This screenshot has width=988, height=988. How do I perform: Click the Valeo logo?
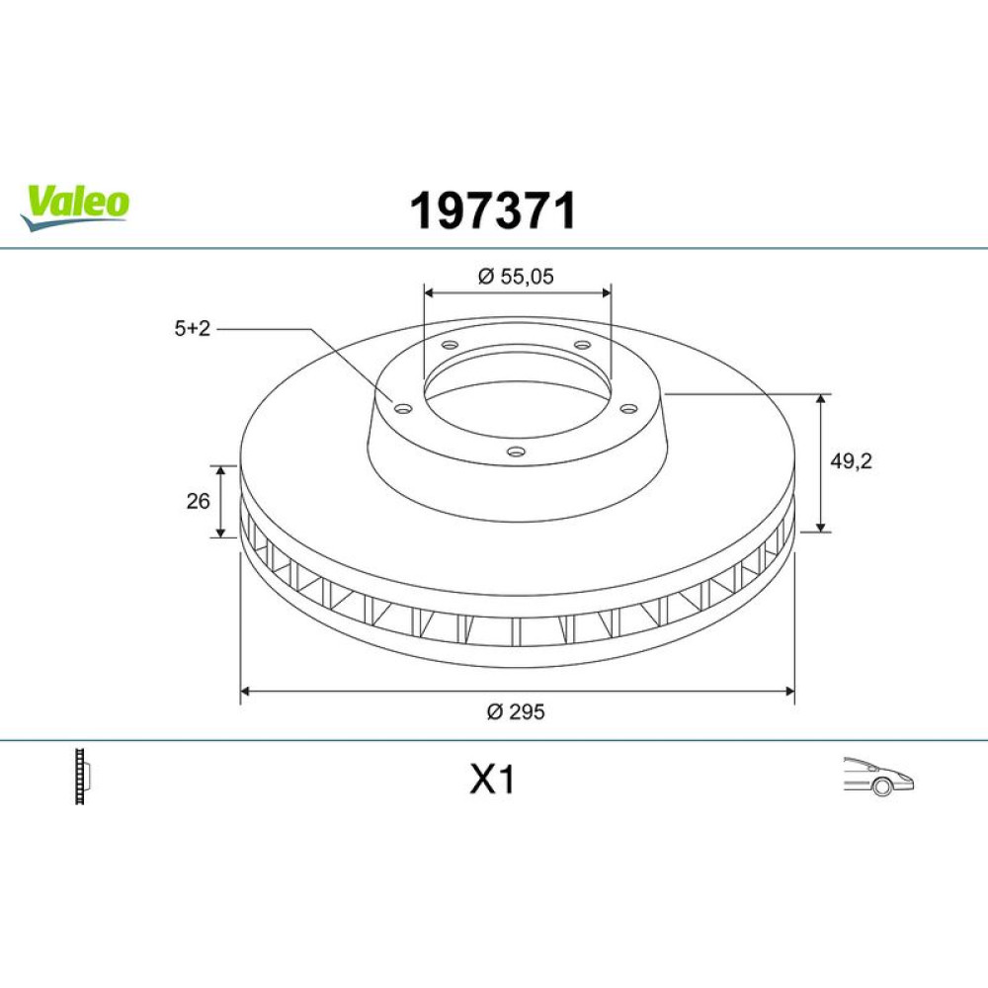pyautogui.click(x=74, y=206)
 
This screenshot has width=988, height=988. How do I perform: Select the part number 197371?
pyautogui.click(x=493, y=210)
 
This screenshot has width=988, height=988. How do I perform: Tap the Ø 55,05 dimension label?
pyautogui.click(x=516, y=277)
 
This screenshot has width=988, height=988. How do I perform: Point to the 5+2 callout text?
pyautogui.click(x=193, y=328)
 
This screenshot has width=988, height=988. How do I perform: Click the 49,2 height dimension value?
pyautogui.click(x=851, y=461)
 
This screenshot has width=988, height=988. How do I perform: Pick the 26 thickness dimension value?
pyautogui.click(x=198, y=501)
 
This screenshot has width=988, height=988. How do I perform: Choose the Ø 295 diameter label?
pyautogui.click(x=516, y=712)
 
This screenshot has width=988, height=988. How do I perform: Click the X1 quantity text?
pyautogui.click(x=492, y=780)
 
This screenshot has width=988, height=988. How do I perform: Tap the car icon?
pyautogui.click(x=878, y=776)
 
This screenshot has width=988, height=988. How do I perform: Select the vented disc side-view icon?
pyautogui.click(x=83, y=776)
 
